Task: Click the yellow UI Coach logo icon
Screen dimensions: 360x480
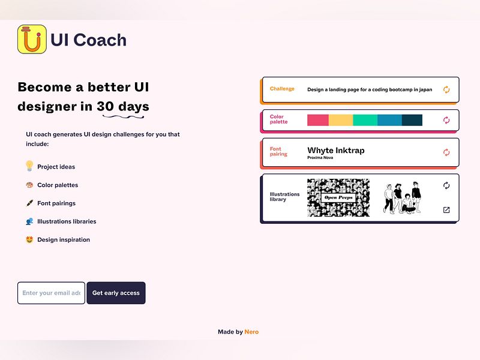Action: (x=32, y=39)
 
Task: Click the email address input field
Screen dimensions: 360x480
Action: (x=51, y=293)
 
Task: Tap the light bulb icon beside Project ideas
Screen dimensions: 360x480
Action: (x=29, y=166)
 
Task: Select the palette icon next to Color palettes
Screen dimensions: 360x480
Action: (x=29, y=185)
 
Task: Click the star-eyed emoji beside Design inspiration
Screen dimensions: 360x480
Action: (x=29, y=239)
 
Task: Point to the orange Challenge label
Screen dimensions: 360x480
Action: (x=282, y=89)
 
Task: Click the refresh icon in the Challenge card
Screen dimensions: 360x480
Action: (x=446, y=89)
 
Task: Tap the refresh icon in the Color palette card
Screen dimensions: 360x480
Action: (x=446, y=120)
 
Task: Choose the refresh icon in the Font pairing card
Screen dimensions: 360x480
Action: (x=446, y=152)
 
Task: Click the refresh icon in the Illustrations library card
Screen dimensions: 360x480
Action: (x=446, y=185)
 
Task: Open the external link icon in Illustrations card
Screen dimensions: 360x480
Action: (x=446, y=210)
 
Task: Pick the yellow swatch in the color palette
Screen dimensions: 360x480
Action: (x=341, y=120)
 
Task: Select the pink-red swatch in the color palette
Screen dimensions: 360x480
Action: (x=318, y=120)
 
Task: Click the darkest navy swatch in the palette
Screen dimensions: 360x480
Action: (x=412, y=120)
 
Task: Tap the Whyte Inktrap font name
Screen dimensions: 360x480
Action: (x=335, y=151)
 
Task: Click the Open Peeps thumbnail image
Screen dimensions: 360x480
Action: (x=338, y=197)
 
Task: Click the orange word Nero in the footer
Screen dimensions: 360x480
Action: (x=252, y=332)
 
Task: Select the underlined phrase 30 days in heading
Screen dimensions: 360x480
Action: (x=123, y=107)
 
